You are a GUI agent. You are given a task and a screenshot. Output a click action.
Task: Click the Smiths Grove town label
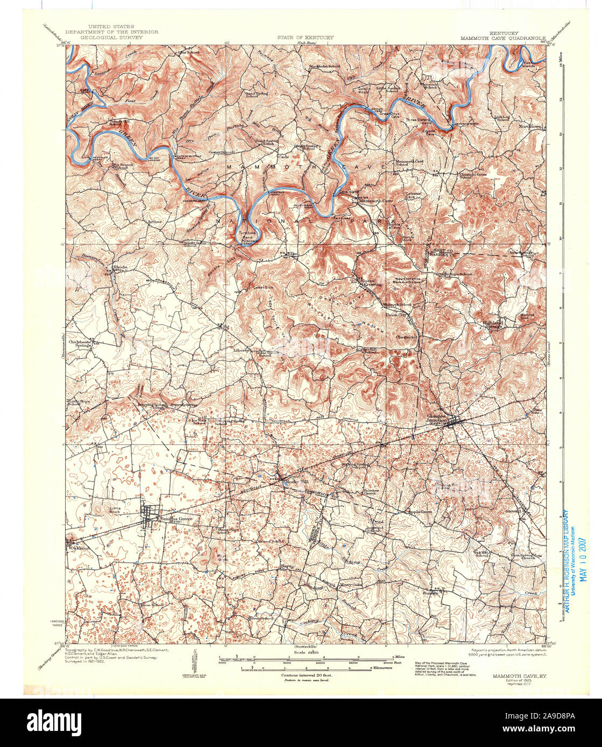(173, 519)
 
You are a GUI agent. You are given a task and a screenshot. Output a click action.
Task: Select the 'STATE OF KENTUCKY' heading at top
(305, 38)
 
